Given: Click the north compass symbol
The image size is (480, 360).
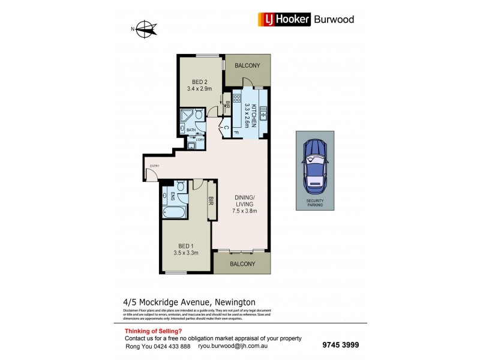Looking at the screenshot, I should click(x=144, y=27).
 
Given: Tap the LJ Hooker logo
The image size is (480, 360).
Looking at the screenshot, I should click(x=284, y=19).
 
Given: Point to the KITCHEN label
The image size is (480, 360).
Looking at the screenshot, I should click(x=254, y=114).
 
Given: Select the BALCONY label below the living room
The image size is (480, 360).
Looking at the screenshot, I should click(x=242, y=263).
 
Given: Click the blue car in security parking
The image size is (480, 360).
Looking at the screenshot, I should click(x=314, y=166).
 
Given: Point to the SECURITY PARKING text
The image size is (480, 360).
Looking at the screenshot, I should click(x=314, y=203).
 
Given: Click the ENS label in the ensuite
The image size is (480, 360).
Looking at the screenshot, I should click(x=172, y=196).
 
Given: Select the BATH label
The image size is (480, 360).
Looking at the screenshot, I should click(x=190, y=130).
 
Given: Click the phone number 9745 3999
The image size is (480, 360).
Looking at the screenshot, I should click(x=340, y=345).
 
